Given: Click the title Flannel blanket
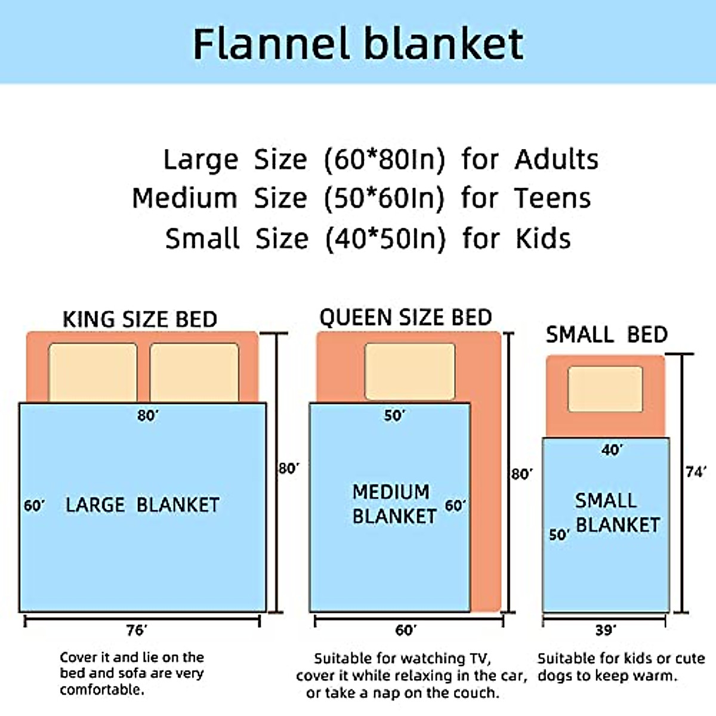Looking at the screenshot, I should coord(358,44).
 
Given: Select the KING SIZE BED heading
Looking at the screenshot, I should coord(140,319).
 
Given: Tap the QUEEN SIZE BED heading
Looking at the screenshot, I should coord(406,317).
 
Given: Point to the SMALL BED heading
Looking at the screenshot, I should coord(606,335).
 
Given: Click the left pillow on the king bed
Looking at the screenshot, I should coord(92,372).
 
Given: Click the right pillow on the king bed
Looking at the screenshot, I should coord(194,372).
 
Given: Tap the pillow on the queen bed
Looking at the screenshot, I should coord(409,371).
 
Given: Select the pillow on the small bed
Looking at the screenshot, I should coord(605,389).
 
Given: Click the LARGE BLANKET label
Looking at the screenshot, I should coord(142,505).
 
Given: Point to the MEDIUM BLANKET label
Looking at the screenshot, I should coord(394,504).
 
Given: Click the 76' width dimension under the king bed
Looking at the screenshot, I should coord(136,631).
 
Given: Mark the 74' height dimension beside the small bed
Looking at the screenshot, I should coord(696,472).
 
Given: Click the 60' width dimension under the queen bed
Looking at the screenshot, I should coord(406,631).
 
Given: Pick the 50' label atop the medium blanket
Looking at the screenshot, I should coord(394,415).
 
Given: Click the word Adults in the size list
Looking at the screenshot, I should coord(556,160).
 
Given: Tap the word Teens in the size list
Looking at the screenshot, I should coord(553,199).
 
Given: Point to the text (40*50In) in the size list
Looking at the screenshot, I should coord(385,239).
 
